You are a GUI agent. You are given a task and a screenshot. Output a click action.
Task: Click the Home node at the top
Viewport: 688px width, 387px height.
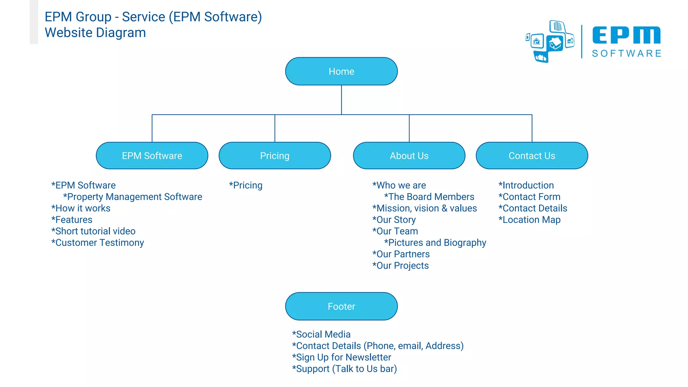click(x=341, y=71)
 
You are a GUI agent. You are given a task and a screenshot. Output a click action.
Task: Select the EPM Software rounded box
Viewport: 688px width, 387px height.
click(x=152, y=156)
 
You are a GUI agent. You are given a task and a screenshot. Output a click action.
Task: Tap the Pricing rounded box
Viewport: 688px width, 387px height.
click(x=274, y=156)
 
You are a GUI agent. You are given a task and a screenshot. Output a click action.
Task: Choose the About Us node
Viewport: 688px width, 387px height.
click(x=409, y=156)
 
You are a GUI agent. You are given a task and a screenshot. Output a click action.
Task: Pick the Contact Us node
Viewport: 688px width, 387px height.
click(x=532, y=156)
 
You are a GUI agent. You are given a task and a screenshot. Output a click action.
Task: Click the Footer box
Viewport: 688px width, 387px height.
click(x=341, y=306)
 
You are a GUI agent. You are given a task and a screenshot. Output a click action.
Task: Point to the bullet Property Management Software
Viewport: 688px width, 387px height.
click(x=133, y=197)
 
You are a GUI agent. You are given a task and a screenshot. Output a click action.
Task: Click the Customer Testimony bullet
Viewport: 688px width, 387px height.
click(x=97, y=243)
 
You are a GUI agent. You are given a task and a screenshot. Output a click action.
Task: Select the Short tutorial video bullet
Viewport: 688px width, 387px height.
click(x=93, y=231)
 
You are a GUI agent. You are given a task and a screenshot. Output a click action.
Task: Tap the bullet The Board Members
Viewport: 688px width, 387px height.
click(x=429, y=197)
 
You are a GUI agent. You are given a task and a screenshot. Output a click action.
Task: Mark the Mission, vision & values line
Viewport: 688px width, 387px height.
click(x=425, y=208)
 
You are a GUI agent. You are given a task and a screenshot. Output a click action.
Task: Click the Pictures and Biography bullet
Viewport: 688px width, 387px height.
click(x=435, y=243)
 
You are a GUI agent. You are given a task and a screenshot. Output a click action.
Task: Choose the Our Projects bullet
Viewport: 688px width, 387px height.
click(x=400, y=265)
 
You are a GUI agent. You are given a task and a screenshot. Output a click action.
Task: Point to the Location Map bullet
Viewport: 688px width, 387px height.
click(x=529, y=220)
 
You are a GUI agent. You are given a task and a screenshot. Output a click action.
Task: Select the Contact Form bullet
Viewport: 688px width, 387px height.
click(x=529, y=197)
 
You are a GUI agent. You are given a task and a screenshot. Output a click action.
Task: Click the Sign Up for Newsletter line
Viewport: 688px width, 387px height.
click(x=341, y=357)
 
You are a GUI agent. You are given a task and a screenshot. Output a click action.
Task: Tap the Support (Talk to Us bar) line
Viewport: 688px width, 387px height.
click(x=344, y=369)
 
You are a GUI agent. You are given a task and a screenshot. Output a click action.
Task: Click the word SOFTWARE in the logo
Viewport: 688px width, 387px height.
click(x=627, y=53)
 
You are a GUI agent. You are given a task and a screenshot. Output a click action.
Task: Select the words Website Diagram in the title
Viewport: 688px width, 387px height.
click(x=95, y=33)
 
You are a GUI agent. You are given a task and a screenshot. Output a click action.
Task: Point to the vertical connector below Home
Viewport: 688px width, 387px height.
click(x=341, y=99)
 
